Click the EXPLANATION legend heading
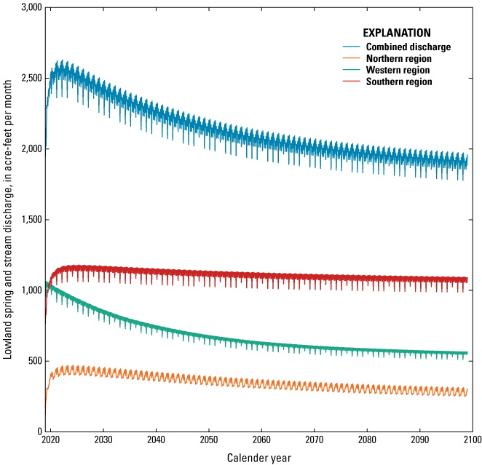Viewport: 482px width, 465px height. [x=397, y=33]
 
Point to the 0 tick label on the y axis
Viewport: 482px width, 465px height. [x=37, y=432]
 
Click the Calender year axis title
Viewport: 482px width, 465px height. [x=258, y=457]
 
